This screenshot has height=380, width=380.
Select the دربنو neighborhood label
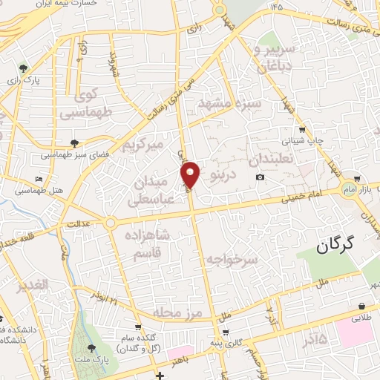click(223, 176)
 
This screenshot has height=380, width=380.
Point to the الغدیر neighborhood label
click(30, 284)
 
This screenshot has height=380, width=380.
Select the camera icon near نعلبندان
click(260, 177)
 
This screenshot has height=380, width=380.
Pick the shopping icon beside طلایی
click(361, 306)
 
